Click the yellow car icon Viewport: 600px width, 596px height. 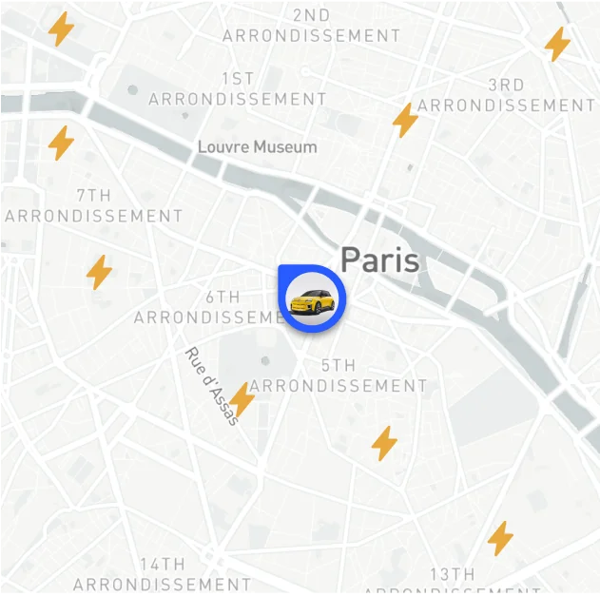(313, 301)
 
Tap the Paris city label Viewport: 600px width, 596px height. (379, 260)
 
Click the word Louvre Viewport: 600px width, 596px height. (224, 147)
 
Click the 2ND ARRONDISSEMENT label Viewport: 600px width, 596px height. (311, 26)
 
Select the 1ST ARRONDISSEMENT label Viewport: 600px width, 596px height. (238, 88)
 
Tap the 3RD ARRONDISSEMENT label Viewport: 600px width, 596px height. (506, 95)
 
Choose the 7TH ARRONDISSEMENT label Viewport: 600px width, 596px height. (93, 205)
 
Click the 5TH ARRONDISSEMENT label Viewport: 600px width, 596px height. (339, 375)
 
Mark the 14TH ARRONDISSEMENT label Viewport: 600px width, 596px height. (162, 574)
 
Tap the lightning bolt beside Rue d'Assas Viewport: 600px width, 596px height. (242, 400)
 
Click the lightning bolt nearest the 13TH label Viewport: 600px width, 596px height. (500, 538)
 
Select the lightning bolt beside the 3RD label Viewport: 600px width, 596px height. (557, 44)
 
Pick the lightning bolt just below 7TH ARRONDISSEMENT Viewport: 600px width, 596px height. (99, 272)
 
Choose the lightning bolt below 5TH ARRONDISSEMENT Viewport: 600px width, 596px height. (384, 443)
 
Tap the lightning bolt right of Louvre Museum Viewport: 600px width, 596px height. (406, 120)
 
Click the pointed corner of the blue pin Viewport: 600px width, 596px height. (281, 271)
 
